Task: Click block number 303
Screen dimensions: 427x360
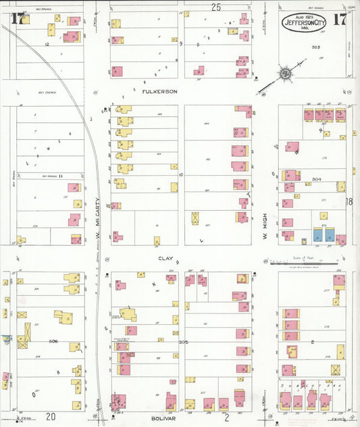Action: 315,47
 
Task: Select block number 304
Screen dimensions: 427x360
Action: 315,180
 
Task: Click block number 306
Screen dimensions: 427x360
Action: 53,341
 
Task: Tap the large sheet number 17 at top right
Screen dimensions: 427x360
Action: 340,18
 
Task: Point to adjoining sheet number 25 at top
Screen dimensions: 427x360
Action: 215,7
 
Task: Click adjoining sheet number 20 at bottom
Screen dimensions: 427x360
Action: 51,417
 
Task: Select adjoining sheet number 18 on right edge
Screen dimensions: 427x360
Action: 350,201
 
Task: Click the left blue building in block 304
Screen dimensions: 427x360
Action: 317,234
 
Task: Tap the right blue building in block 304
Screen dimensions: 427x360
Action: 330,234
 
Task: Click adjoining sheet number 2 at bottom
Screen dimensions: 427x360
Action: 227,418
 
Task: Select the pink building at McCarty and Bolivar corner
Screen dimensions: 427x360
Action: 119,401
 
